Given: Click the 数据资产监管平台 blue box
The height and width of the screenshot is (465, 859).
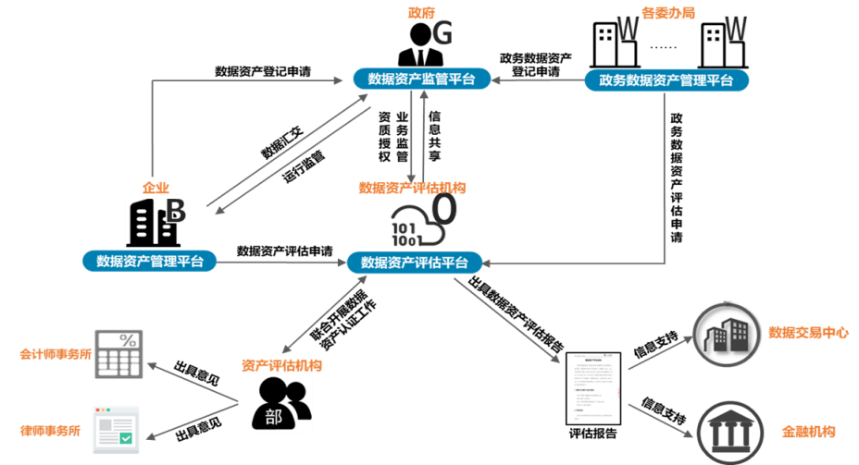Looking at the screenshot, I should [421, 80].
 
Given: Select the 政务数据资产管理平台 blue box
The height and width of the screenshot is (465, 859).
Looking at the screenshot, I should [666, 80].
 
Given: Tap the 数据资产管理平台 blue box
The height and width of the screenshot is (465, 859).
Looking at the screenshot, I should [149, 262].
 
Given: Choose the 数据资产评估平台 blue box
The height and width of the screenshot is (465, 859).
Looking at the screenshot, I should [414, 263].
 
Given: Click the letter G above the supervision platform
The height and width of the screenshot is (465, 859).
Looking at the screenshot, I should [442, 34].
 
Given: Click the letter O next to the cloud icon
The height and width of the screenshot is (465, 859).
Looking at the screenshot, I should [445, 210].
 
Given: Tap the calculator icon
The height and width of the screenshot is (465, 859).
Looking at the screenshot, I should [118, 353].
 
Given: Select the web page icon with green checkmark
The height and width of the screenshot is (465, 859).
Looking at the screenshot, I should [116, 429].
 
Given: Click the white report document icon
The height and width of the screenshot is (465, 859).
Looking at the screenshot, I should [593, 388].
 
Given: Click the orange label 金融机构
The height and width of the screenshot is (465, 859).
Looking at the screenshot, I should [808, 432].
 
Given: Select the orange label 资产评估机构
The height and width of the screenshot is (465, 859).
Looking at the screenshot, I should [281, 365].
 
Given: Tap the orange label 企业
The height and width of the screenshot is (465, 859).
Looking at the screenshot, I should [156, 188].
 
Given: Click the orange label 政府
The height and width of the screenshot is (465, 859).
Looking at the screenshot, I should [421, 12].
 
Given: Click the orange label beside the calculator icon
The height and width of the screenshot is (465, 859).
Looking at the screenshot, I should [56, 354].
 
